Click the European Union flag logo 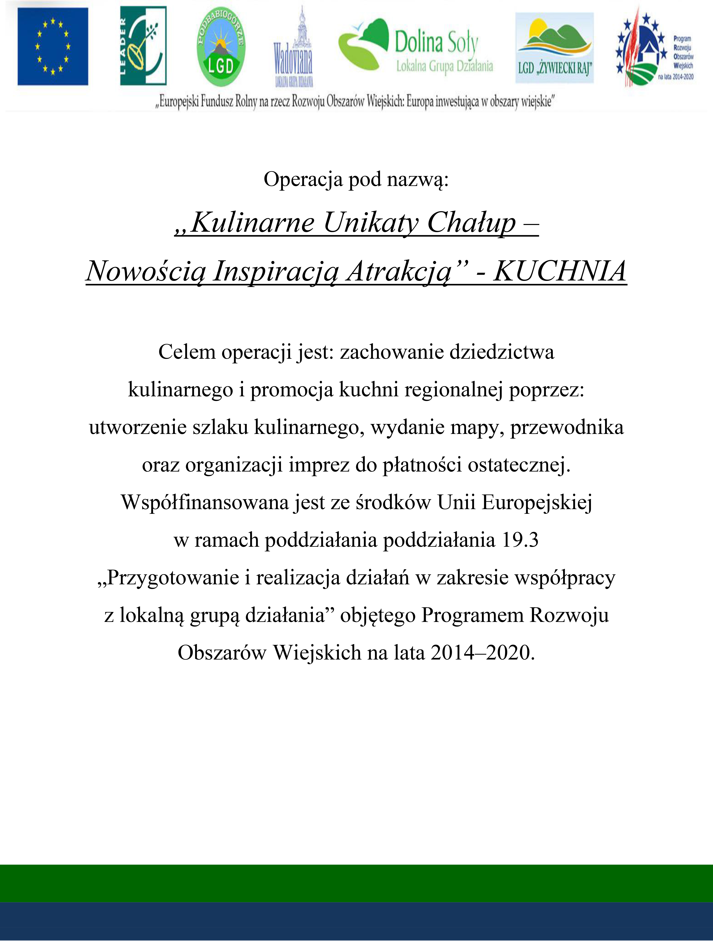click(53, 46)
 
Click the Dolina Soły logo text click(437, 42)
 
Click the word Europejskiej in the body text click(537, 502)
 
